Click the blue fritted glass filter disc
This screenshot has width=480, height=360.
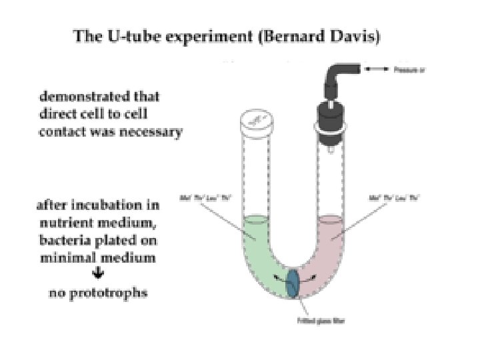(x=293, y=284)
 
